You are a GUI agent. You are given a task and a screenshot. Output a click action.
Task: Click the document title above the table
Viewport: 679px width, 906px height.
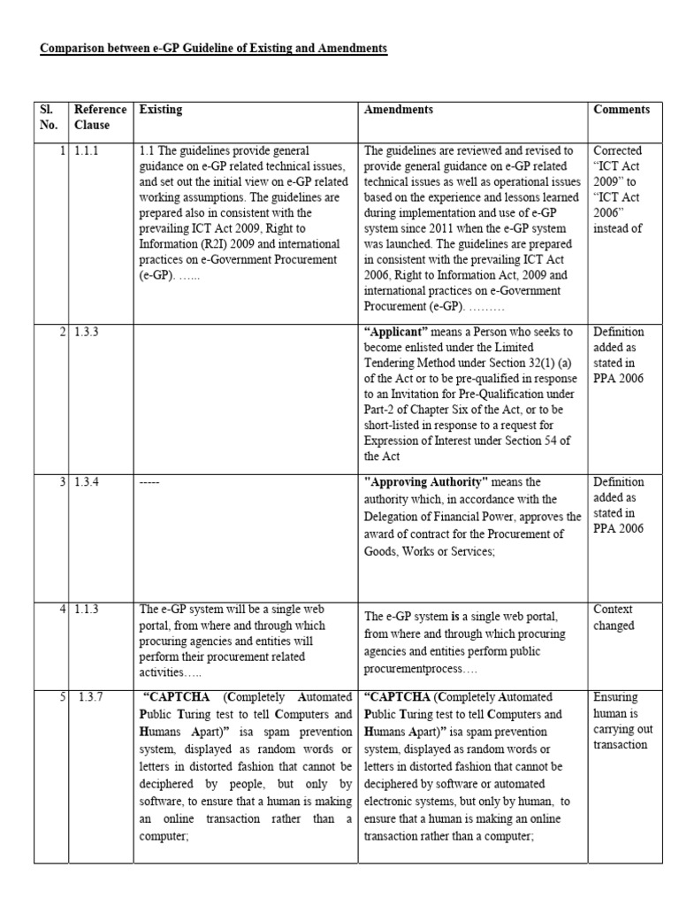[x=214, y=48]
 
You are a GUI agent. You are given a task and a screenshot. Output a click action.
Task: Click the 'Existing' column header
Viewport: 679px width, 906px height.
[x=160, y=110]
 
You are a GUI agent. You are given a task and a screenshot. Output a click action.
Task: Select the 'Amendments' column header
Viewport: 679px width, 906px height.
[x=399, y=110]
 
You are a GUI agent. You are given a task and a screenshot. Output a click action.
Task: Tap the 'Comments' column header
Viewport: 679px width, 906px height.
[x=622, y=110]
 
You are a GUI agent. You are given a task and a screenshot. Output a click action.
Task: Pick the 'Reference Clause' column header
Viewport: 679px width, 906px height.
[x=100, y=117]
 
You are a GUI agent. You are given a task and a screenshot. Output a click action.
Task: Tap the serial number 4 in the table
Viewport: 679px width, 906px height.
[x=62, y=610]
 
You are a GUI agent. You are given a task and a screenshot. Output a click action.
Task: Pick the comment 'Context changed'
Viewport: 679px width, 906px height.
[x=614, y=618]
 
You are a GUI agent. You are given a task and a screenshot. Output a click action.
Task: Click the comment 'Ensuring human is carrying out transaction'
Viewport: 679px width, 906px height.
[x=620, y=720]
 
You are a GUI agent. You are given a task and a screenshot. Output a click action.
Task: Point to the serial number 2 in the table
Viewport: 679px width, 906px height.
[x=62, y=332]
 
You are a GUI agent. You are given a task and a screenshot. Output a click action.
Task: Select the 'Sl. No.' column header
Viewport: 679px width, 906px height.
[x=49, y=117]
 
